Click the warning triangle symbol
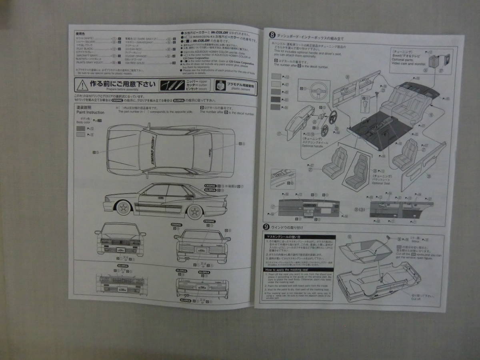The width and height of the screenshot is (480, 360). tap(83, 85)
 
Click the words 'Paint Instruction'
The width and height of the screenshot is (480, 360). tap(90, 113)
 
